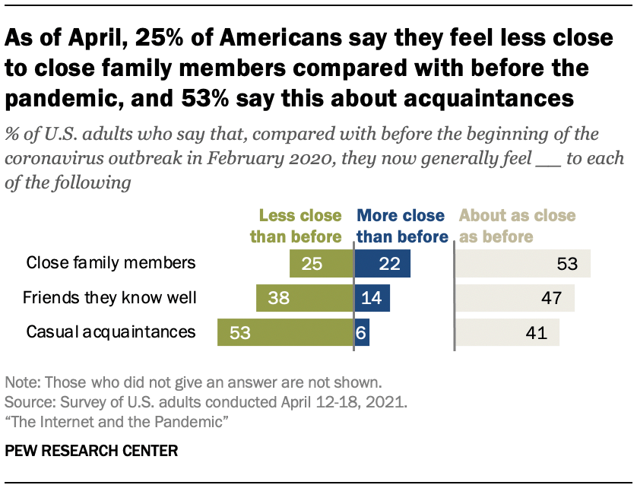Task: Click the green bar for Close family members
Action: pyautogui.click(x=322, y=264)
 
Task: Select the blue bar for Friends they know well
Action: pyautogui.click(x=372, y=298)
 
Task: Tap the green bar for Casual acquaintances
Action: pyautogui.click(x=286, y=332)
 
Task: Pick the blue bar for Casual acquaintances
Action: pyautogui.click(x=362, y=332)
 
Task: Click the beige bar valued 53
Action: pyautogui.click(x=523, y=264)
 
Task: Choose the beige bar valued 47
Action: pyautogui.click(x=515, y=298)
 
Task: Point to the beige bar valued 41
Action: pyautogui.click(x=507, y=332)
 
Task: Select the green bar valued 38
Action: pyautogui.click(x=305, y=298)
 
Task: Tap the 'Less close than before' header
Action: pyautogui.click(x=301, y=226)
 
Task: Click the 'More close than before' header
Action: pyautogui.click(x=402, y=226)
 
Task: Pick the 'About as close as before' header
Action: pyautogui.click(x=517, y=226)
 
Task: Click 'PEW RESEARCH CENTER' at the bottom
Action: pyautogui.click(x=91, y=451)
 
